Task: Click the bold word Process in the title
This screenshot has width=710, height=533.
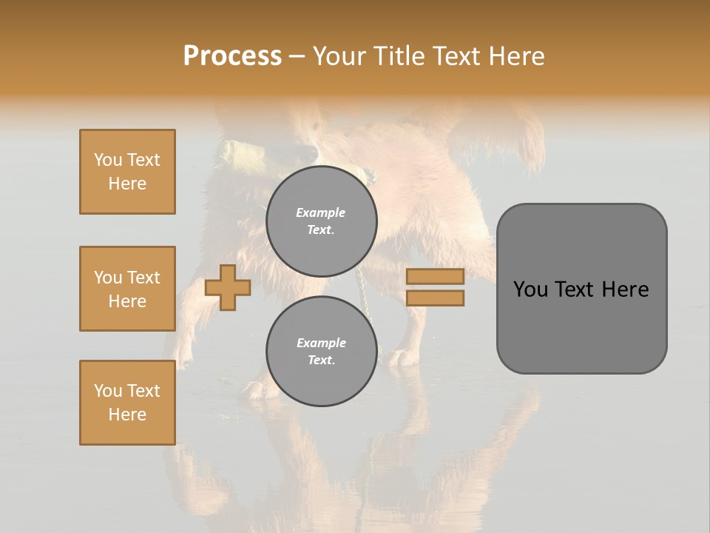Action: [232, 56]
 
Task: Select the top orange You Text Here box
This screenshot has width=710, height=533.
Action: [127, 172]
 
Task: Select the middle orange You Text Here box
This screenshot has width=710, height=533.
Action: [127, 289]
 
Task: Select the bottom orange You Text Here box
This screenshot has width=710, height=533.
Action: [127, 403]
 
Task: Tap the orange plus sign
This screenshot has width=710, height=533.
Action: [228, 288]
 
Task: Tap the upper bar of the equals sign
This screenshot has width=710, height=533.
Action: [435, 277]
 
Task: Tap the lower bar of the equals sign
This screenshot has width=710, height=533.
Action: [435, 298]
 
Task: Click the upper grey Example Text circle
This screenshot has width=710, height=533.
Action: [322, 221]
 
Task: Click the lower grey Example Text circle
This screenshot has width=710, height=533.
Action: [322, 351]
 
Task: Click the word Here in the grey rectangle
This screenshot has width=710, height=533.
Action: [625, 289]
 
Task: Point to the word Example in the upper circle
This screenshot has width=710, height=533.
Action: [320, 212]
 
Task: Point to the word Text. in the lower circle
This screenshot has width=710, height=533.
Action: [321, 360]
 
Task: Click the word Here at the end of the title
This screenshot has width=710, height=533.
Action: [518, 56]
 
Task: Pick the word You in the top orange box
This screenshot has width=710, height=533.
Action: [108, 160]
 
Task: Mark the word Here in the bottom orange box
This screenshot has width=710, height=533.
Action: [127, 415]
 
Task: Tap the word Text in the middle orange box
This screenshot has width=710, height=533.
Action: [143, 278]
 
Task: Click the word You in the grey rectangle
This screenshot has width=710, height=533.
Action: [530, 289]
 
